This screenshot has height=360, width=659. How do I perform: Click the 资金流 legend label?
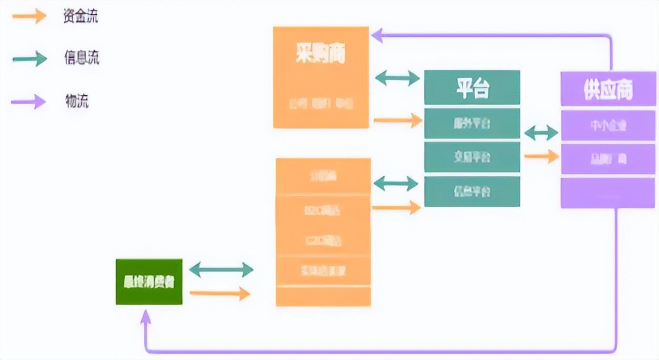[80, 17]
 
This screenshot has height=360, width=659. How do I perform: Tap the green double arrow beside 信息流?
[30, 59]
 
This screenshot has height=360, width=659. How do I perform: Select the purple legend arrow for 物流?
[29, 101]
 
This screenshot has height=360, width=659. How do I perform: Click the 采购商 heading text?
[320, 54]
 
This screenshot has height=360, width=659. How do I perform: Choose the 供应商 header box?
[608, 89]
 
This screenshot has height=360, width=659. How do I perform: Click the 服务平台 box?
[471, 124]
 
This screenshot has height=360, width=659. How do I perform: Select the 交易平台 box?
[471, 157]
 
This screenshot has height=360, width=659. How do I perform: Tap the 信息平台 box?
[471, 191]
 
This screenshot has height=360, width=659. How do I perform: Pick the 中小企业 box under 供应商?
[608, 126]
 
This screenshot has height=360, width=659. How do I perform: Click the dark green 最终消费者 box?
[149, 282]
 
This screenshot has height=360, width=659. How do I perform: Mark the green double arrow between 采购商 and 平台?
[397, 78]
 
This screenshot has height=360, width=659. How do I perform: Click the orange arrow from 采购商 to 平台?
[398, 120]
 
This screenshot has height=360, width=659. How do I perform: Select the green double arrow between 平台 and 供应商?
[541, 133]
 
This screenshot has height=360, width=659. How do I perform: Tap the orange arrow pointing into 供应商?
[541, 156]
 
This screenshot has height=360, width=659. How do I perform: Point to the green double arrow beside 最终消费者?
[221, 270]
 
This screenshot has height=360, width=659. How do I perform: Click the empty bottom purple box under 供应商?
[608, 193]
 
